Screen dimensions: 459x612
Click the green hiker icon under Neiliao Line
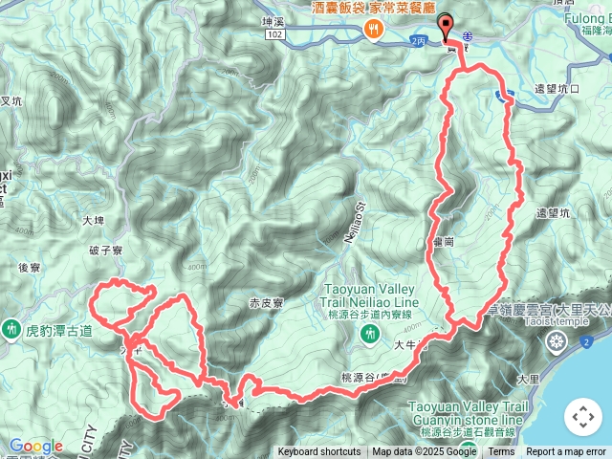[371, 334]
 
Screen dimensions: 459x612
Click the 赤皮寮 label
[268, 303]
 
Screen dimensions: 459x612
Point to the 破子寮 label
[106, 251]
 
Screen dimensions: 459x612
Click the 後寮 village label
[29, 269]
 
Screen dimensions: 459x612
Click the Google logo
[35, 447]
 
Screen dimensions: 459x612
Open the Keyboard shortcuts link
[319, 452]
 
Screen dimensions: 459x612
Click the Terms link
[501, 452]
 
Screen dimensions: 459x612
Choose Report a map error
[568, 452]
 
